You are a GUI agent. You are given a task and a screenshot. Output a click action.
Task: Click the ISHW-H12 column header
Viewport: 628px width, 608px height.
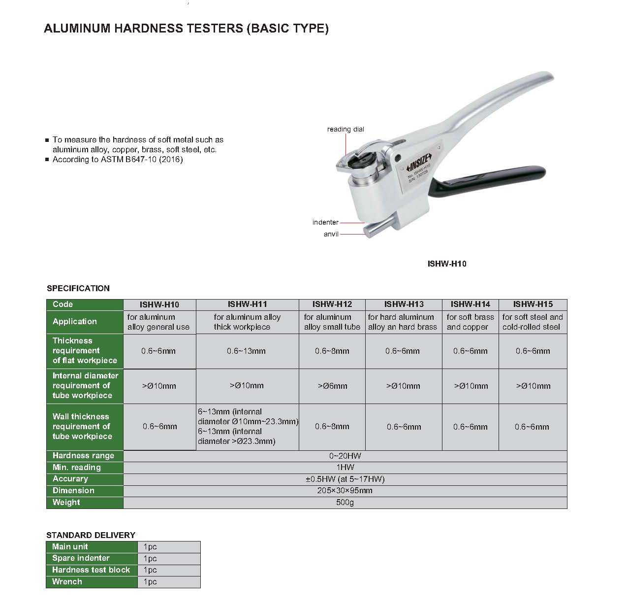[332, 304]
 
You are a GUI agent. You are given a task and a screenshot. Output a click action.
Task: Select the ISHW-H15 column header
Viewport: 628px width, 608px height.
[533, 304]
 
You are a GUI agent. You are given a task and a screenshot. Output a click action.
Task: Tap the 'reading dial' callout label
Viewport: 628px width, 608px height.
[345, 129]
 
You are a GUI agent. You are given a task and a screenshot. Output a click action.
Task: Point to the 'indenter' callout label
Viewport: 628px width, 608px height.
[325, 222]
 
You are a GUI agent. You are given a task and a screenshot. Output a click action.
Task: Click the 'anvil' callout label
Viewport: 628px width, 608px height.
[331, 234]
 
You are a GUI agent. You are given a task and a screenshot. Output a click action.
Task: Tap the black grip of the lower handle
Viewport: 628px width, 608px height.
[497, 177]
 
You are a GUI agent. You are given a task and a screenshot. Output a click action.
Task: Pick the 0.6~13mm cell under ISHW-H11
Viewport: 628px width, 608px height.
[247, 351]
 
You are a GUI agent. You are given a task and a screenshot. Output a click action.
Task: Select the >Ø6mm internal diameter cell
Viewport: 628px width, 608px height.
[332, 386]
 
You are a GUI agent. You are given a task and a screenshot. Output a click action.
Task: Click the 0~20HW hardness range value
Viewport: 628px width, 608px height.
[345, 456]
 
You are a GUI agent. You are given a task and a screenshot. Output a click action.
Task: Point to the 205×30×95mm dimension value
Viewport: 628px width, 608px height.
[345, 491]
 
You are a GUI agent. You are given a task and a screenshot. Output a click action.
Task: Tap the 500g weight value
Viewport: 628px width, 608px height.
[345, 503]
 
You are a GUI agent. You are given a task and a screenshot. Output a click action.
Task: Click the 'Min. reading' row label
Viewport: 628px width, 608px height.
[77, 468]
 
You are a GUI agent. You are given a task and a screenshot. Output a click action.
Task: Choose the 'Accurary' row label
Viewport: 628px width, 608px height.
[70, 479]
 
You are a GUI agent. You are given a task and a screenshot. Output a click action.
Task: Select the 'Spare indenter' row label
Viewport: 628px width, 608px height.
[81, 558]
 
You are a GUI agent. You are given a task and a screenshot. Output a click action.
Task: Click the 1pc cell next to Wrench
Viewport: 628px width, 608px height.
[151, 582]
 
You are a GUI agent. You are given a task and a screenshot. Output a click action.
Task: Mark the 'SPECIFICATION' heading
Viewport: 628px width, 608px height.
[78, 288]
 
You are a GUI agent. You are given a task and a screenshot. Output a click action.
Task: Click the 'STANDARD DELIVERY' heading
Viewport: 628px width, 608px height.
[91, 535]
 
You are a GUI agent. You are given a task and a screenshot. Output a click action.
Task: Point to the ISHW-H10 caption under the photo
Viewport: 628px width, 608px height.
[447, 264]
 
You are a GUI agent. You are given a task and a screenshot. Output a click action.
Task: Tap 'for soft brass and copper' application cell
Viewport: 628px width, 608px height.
[470, 322]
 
